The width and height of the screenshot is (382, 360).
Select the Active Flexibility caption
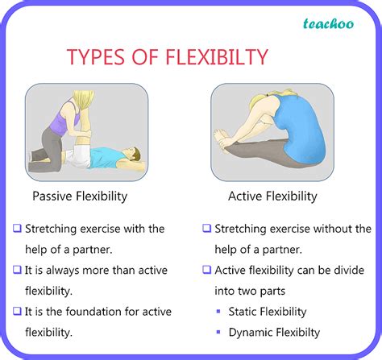tap(273, 196)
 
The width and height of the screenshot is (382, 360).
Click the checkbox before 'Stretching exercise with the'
tap(16, 229)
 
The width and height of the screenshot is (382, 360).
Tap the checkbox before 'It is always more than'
tap(16, 269)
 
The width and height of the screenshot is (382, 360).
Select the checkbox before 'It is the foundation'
tap(16, 310)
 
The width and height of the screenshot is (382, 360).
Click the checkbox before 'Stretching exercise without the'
tap(207, 229)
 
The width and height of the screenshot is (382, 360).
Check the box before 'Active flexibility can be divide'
tap(207, 269)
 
